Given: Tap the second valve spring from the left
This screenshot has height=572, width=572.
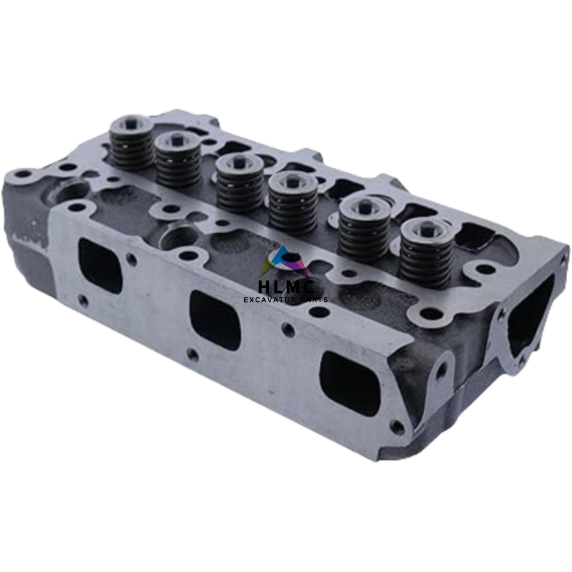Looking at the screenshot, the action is (x=178, y=159).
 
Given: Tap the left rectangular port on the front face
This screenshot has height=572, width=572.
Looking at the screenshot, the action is (x=100, y=265).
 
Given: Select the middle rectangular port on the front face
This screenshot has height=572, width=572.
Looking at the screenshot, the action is (x=215, y=320).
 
